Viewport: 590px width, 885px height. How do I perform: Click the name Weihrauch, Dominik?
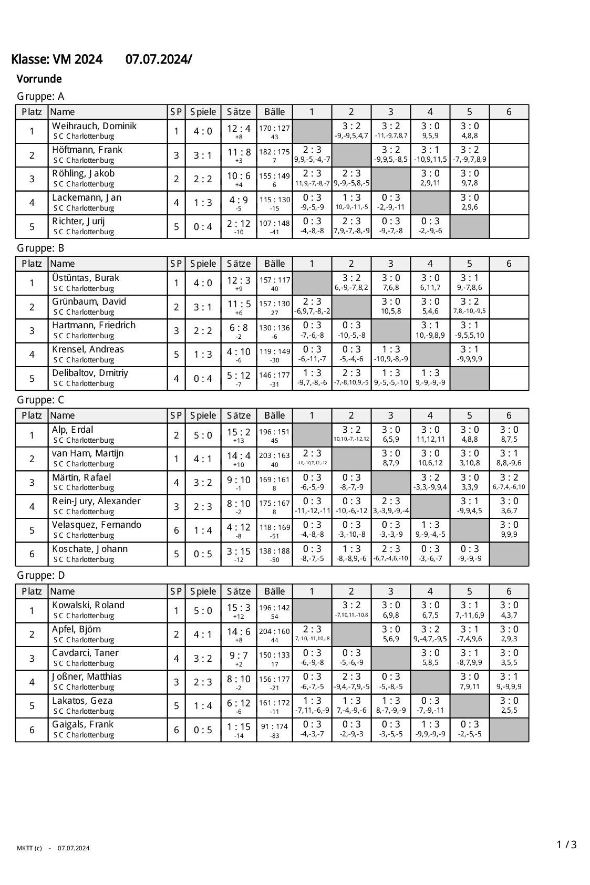94,126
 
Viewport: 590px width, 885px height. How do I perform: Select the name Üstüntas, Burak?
86,278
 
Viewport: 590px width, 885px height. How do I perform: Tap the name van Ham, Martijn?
88,453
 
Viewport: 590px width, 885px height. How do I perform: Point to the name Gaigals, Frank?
82,724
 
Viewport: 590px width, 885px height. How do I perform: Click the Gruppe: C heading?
40,400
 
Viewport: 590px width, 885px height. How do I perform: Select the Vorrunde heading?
39,79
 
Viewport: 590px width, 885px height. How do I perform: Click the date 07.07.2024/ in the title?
159,60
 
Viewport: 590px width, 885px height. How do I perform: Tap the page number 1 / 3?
566,845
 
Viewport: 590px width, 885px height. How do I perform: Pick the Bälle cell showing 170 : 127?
274,128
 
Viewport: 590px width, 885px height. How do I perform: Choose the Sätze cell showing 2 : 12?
239,223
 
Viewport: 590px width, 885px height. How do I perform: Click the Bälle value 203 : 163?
274,456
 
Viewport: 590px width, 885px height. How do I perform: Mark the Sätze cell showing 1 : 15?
239,726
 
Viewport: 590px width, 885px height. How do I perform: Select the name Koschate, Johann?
90,549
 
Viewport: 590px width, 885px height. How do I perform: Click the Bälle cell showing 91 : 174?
274,727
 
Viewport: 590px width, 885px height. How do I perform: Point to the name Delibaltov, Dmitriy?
90,373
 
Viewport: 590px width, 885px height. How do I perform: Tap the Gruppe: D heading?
41,576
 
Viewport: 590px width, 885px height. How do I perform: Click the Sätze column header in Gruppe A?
239,112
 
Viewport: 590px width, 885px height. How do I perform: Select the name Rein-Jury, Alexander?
96,501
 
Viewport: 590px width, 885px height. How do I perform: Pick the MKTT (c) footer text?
29,848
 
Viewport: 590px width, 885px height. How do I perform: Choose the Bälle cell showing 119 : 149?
274,352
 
